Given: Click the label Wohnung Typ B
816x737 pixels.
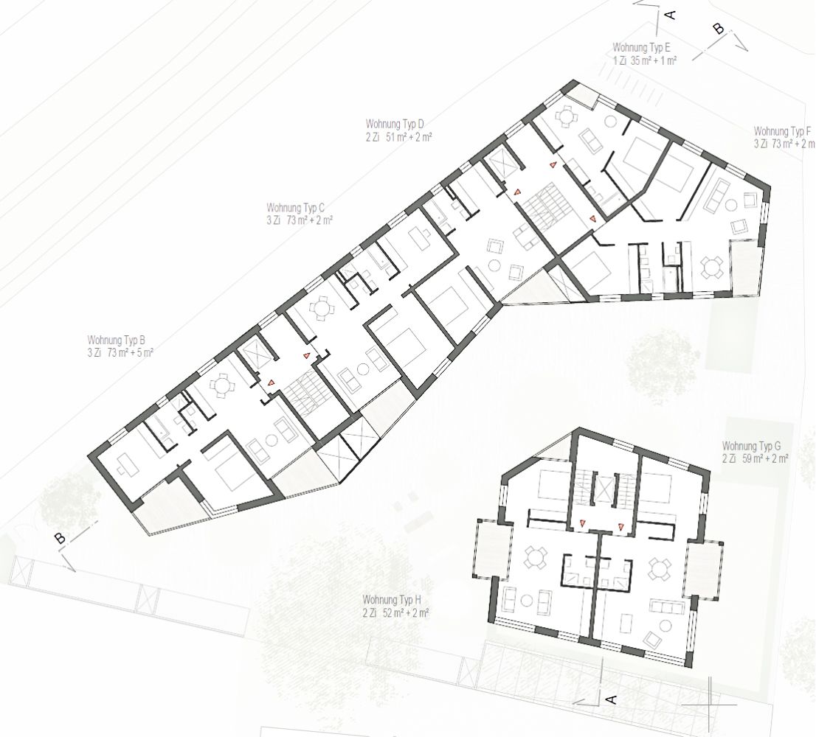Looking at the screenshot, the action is coord(116,341).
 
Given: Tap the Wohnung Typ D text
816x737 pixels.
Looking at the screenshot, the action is coord(395,125).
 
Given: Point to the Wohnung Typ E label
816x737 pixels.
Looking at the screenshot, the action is coord(642,49).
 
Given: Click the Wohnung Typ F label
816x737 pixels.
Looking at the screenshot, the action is coord(782,131).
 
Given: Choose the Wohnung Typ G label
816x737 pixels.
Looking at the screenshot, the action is coord(752,447).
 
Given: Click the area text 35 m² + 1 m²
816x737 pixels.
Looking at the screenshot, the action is coord(653,61).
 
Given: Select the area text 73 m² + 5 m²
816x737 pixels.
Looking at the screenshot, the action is coord(130,353).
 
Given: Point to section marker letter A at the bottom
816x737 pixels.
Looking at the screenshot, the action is coord(612,699).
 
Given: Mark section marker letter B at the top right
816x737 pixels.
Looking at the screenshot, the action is coord(719,29).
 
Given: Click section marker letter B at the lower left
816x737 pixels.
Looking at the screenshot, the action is coord(61,539).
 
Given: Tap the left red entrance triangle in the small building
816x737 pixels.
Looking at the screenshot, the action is coord(583,525).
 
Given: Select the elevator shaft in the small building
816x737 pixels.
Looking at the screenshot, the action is coord(604,489).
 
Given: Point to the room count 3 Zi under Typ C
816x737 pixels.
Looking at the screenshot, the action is coord(273,220).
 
